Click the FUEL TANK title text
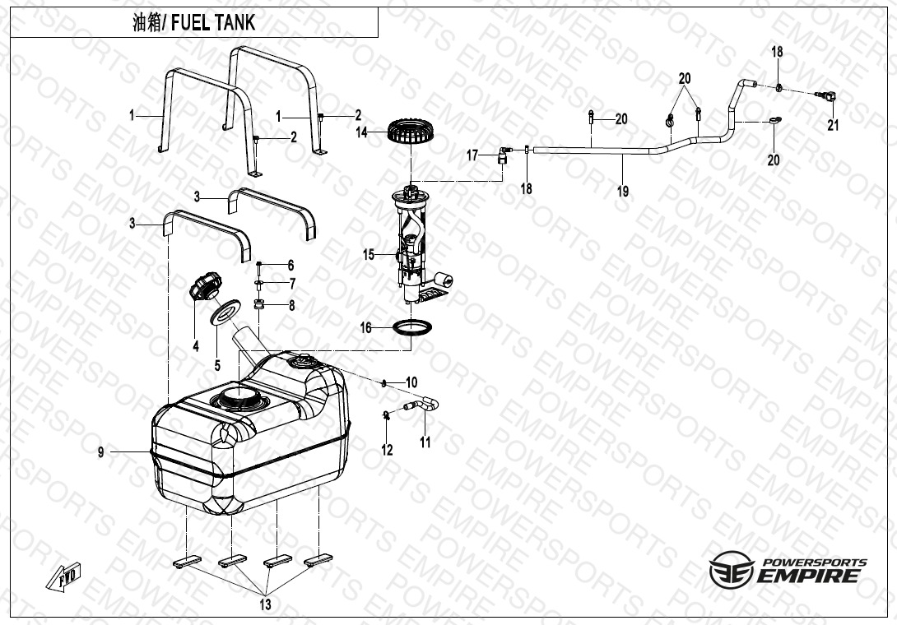click(x=194, y=23)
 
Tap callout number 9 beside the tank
click(x=101, y=451)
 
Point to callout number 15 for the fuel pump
click(x=369, y=255)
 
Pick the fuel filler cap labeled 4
click(x=203, y=289)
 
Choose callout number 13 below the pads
click(x=265, y=604)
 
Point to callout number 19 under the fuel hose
click(x=623, y=191)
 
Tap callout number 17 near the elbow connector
click(x=472, y=155)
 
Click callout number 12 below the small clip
click(x=387, y=450)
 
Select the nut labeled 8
click(x=258, y=305)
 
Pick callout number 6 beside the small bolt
click(x=290, y=265)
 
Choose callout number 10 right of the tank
click(x=411, y=382)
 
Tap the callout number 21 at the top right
click(x=833, y=125)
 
